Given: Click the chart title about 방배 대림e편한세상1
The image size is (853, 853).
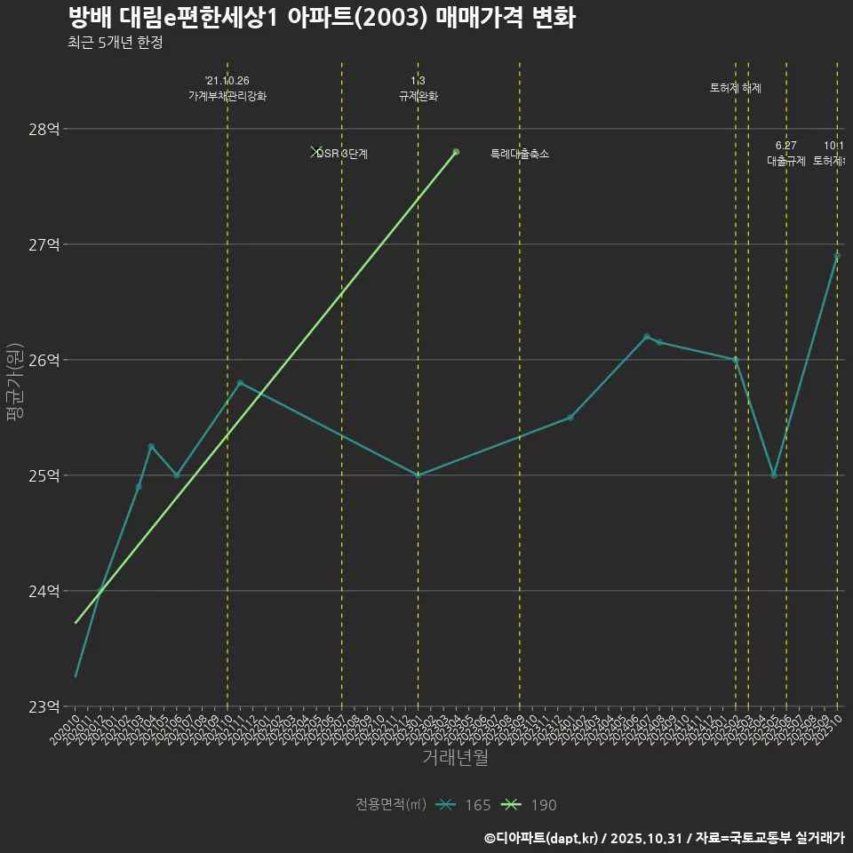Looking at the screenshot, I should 321,18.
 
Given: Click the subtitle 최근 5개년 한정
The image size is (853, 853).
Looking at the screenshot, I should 115,43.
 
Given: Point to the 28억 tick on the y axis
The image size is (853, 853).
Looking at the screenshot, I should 44,129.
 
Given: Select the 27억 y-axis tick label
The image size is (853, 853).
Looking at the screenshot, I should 44,244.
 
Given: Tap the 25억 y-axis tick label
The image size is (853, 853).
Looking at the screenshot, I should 44,475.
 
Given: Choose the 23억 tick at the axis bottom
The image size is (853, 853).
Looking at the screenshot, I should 44,706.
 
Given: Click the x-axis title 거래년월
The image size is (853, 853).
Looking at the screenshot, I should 455,758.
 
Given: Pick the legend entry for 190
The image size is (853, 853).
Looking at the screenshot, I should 530,805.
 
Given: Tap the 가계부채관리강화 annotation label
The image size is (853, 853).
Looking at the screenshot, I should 227,96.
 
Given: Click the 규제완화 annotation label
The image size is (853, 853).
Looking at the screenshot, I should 418,96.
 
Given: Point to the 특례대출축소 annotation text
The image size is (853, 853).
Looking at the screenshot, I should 520,154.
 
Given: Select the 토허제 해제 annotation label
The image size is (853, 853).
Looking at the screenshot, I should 736,88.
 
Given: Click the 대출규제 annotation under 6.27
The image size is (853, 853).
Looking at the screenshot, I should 786,161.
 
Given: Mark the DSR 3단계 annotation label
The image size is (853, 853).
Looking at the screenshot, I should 342,154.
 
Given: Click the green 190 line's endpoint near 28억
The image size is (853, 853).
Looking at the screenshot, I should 456,152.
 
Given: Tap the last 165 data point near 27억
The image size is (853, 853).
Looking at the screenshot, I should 837,256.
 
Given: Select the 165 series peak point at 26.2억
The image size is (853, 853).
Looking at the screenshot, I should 646,337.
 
